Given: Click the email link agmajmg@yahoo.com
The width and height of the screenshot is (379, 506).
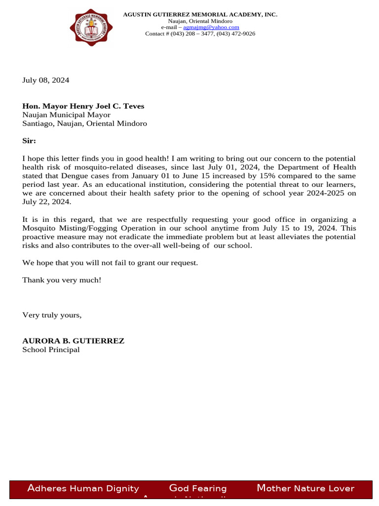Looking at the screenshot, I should coord(211,28).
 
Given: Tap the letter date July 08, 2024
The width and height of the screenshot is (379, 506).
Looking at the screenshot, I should coord(46,80).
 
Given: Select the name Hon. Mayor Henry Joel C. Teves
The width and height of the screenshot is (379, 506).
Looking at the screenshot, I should coord(83,106).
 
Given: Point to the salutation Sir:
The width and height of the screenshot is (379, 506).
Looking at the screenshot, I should coord(29,141).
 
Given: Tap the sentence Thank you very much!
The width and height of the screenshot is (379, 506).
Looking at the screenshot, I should coord(62,280).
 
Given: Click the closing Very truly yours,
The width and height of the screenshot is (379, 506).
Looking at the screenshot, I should coord(52,315).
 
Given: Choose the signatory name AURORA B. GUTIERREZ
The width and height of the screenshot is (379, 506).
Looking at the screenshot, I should coord(73,341).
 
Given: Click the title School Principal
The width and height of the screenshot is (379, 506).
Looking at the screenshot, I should coord(51,350).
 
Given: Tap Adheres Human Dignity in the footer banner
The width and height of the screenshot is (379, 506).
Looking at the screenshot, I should coord(83,489).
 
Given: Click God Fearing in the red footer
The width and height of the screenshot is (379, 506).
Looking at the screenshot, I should coord(198,489).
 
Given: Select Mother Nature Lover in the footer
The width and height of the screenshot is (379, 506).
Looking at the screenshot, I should coord(305,489).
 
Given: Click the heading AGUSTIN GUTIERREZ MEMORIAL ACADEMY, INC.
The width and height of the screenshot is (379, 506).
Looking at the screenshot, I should coord(200,15).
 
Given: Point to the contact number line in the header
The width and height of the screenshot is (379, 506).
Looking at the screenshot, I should coord(200,34).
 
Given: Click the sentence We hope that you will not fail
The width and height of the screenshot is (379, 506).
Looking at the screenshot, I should coord(110,263).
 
